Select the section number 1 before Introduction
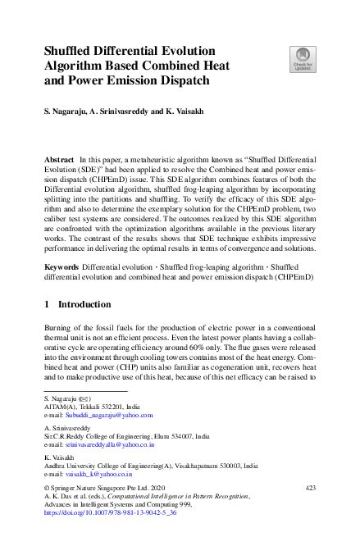tap(47, 303)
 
